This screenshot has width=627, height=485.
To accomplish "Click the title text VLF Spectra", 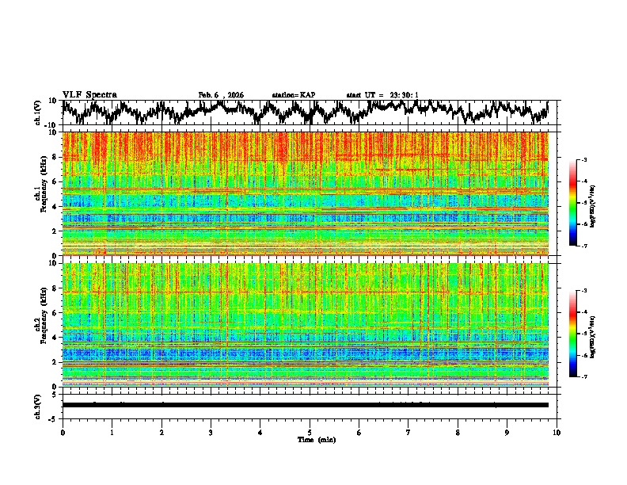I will coord(89,94).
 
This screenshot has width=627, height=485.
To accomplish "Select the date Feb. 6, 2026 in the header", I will coord(221,95).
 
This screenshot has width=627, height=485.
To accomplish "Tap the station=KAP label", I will coord(293,95).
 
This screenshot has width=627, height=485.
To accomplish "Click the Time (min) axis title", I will coord(310,439).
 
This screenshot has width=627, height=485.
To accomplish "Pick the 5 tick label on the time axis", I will coord(310,432).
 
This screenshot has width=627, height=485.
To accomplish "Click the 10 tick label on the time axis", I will coord(557,432).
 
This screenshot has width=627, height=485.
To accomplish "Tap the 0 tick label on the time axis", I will coord(63,432).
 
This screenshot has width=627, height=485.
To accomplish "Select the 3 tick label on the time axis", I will coord(211,432).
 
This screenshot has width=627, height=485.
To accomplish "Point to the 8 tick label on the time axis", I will coord(458,432).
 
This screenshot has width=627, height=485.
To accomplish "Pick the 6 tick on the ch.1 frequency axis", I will coord(55,181).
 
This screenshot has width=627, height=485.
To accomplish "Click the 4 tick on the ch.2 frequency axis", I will coord(55,337).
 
